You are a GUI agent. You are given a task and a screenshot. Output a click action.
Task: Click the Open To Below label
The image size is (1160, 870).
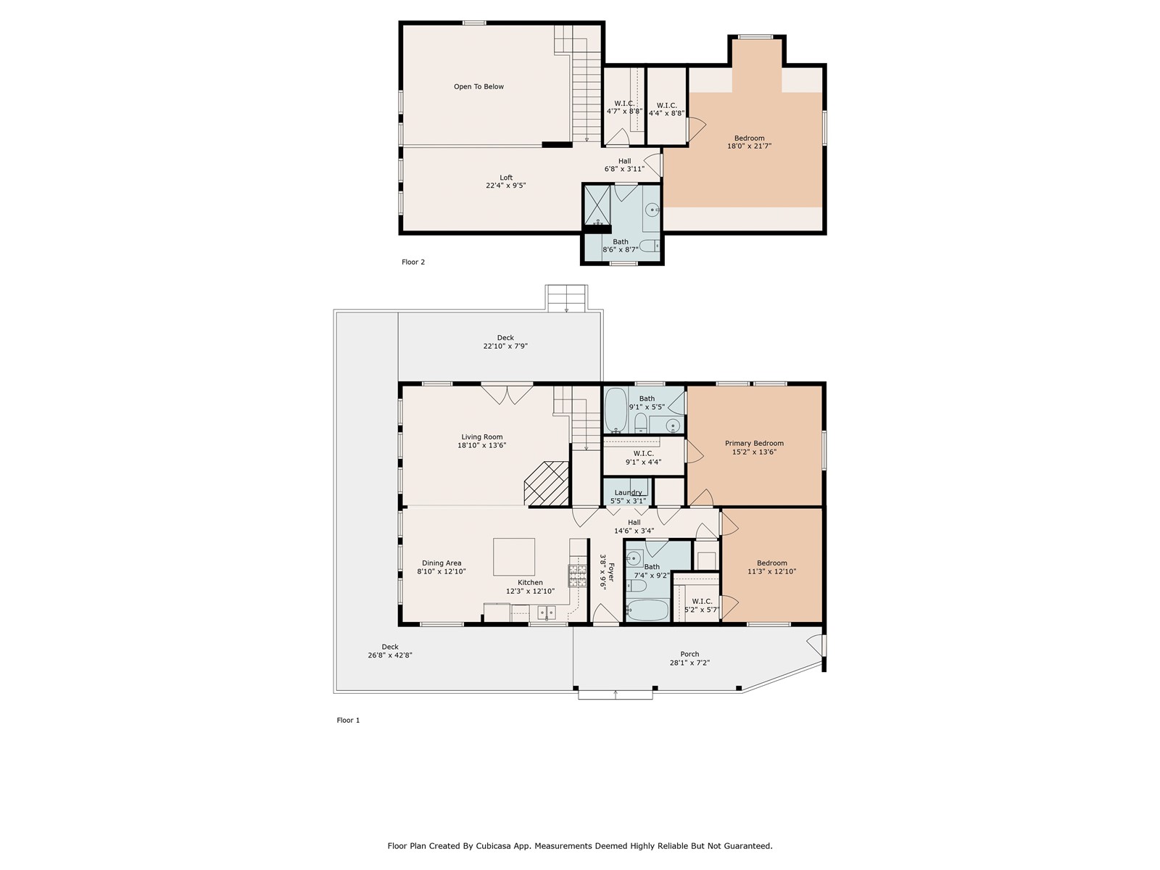point(478,86)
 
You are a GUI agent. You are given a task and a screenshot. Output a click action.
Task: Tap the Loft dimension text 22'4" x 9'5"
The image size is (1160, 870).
point(506,186)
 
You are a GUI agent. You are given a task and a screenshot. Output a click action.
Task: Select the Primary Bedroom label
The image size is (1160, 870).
point(754,443)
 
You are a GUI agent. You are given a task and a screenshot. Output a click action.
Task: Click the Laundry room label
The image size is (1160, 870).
point(628,492)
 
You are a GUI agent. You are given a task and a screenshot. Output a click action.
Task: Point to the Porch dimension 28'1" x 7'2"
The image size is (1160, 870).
point(689,663)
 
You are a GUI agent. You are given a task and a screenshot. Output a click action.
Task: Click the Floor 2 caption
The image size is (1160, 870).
point(413,262)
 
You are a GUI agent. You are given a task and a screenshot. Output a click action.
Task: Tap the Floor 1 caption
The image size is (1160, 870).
point(348,720)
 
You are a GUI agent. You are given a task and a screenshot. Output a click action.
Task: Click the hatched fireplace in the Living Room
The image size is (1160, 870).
point(547,484)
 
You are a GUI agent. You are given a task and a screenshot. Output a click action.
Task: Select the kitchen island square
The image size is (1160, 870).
point(514,557)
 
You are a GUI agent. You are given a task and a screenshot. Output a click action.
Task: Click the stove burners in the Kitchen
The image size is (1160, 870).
point(577,576)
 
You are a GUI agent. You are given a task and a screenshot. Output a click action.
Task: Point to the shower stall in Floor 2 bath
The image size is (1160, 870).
point(597,205)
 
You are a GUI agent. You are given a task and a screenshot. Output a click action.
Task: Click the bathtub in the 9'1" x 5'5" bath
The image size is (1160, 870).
point(615,410)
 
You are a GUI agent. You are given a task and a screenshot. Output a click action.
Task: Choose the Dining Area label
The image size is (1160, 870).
point(442,563)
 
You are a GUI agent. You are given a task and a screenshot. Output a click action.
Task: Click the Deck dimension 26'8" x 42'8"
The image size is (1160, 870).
point(390,655)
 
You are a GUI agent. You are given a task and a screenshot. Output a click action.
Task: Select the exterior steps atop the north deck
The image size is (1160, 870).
point(566,299)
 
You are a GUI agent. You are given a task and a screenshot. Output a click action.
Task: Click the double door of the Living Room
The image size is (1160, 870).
point(507,394)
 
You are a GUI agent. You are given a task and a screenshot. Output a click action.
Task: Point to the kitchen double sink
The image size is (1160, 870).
point(547,613)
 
